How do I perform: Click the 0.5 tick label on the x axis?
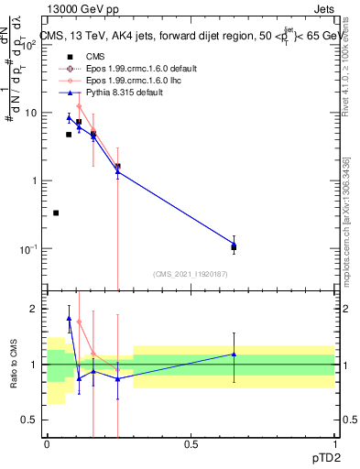pyautogui.click(x=191, y=443)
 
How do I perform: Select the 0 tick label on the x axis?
pyautogui.click(x=47, y=443)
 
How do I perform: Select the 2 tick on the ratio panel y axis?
pyautogui.click(x=37, y=310)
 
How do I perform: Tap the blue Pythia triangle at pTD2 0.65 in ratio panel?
pyautogui.click(x=234, y=354)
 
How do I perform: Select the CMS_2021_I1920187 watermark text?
pyautogui.click(x=190, y=273)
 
